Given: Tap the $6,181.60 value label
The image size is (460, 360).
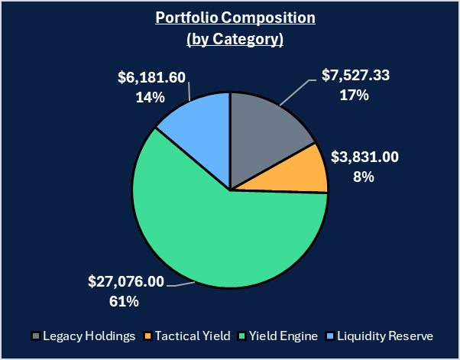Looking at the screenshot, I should point(152,78).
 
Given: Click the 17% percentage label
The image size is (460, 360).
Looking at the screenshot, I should point(355,96).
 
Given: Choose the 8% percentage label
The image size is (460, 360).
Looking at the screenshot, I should point(363,177).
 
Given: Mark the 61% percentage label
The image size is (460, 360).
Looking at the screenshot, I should point(125,301).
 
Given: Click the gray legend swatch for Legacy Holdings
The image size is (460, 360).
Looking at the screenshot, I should point(35,336).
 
